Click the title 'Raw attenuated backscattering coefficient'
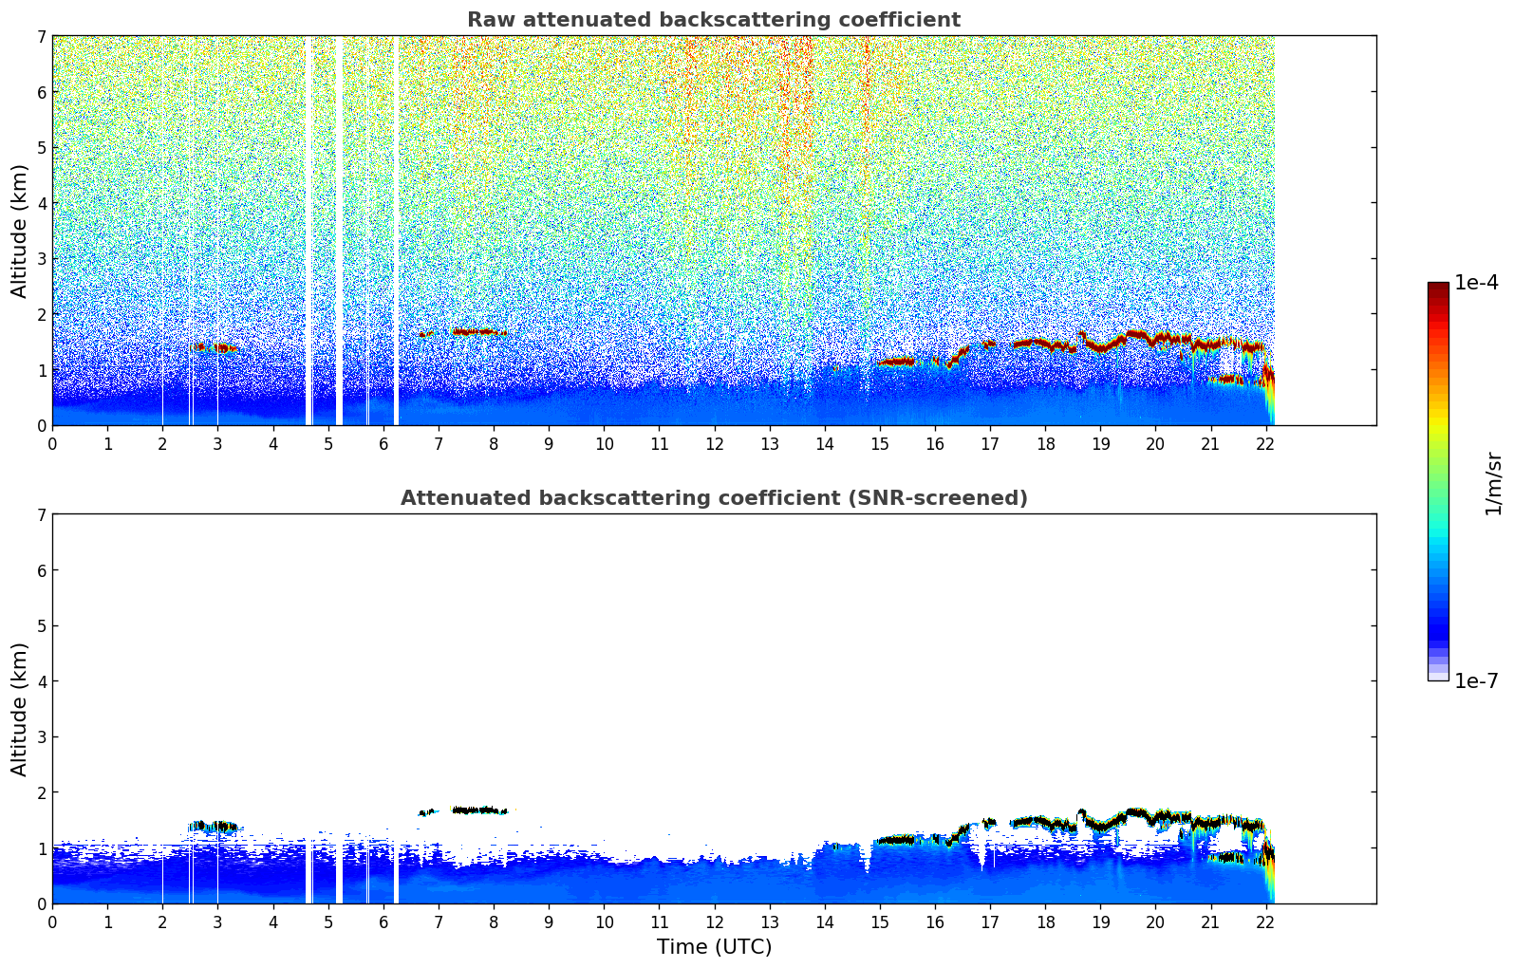click(x=713, y=20)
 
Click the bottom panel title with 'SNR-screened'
click(x=713, y=498)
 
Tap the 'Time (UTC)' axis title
click(x=714, y=947)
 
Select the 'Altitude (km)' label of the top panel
click(x=20, y=231)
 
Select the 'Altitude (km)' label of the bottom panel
click(x=20, y=709)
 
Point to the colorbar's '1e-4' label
click(x=1476, y=283)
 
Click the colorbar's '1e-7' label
click(x=1476, y=681)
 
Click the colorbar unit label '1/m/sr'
click(x=1493, y=483)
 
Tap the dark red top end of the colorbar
click(x=1437, y=287)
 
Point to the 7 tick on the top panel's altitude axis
click(x=42, y=36)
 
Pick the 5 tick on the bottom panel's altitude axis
click(x=42, y=626)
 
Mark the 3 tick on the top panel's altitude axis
click(x=42, y=259)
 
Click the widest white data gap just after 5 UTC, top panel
click(x=339, y=228)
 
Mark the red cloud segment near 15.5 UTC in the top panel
click(x=895, y=362)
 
